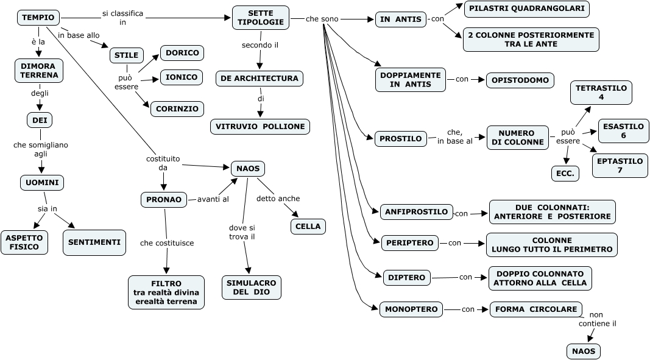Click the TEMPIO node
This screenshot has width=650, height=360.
coord(38,18)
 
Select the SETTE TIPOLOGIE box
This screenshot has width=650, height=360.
coord(261,17)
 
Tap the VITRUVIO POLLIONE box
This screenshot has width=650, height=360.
coord(260,127)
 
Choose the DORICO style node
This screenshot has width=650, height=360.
coord(182,53)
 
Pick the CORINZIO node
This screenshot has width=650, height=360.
coord(177,109)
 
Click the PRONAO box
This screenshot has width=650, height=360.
coord(163,199)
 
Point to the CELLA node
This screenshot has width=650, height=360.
coord(308,227)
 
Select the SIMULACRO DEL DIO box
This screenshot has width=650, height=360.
coord(251,288)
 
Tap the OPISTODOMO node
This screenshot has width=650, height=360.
coord(520,80)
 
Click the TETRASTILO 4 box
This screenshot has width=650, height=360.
coord(601,93)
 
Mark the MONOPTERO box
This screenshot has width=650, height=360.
coord(411,309)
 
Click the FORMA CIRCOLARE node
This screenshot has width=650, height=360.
coord(535,309)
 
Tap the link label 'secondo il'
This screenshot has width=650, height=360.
coord(260,45)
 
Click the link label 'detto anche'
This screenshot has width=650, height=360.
coord(278,199)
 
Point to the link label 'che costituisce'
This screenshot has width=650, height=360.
coord(167,243)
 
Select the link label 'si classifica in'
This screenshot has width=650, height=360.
coord(123,18)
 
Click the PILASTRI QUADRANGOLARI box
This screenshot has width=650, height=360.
coord(526,9)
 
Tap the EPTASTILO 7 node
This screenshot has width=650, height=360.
coord(620,166)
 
